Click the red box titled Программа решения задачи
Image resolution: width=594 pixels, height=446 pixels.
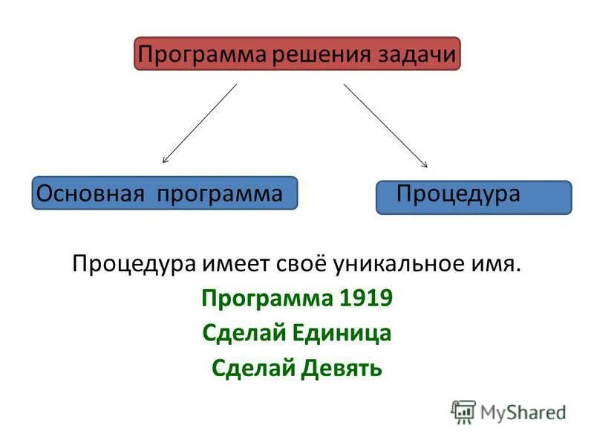297,54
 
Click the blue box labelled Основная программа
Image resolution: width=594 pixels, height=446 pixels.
164,193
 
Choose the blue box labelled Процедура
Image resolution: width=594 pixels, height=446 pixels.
474,197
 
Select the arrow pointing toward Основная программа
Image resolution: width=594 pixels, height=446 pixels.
200,123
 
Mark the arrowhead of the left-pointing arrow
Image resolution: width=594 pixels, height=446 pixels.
165,160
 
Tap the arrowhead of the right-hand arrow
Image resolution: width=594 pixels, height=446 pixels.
425,165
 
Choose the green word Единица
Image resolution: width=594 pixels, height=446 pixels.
346,333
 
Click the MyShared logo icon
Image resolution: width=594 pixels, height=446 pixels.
463,412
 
